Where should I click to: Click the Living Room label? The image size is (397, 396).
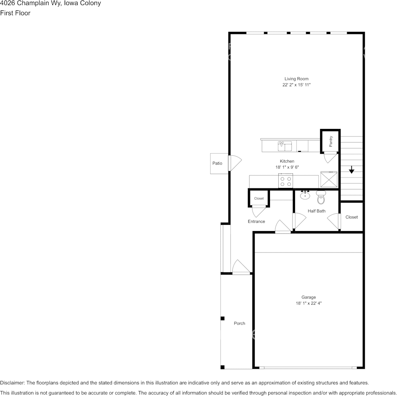pos(296,79)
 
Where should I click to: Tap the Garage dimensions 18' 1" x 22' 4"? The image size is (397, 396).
pos(309,303)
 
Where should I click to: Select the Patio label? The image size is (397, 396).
pos(217,163)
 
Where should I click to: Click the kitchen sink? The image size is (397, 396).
pos(285,146)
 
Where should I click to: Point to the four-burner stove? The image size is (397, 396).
pos(286,181)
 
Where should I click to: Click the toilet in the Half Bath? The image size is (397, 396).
pos(321,196)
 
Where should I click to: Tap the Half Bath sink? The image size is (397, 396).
pos(305,195)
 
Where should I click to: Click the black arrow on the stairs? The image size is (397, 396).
pos(351,170)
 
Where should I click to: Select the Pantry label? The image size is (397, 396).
pos(331,141)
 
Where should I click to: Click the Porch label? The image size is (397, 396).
pos(239,323)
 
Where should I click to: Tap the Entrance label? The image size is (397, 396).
pos(256,221)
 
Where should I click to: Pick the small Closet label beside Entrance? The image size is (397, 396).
pos(259,198)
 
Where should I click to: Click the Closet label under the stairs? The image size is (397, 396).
pos(351,217)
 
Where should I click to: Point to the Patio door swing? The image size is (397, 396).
pos(235,163)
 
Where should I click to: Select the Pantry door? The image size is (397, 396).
pos(330,157)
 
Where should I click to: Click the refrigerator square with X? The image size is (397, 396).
pos(328,179)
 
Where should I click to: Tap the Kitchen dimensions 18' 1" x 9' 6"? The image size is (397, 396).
pos(287,167)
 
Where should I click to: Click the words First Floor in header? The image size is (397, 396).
pos(15,13)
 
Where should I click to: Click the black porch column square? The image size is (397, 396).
pos(222,319)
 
